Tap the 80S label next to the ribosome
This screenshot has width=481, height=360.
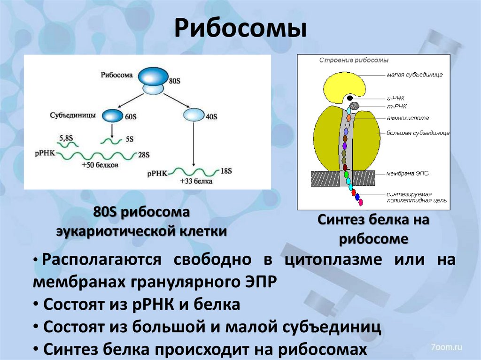pyautogui.click(x=174, y=81)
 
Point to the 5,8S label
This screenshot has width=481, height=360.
pyautogui.click(x=66, y=138)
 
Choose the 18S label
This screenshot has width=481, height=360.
pyautogui.click(x=226, y=171)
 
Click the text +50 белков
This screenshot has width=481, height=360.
pyautogui.click(x=100, y=165)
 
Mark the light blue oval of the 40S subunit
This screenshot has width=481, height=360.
pyautogui.click(x=193, y=115)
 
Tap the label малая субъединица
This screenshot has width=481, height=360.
pyautogui.click(x=415, y=74)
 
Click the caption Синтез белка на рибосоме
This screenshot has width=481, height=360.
pyautogui.click(x=373, y=229)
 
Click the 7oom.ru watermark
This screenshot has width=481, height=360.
pyautogui.click(x=446, y=347)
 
